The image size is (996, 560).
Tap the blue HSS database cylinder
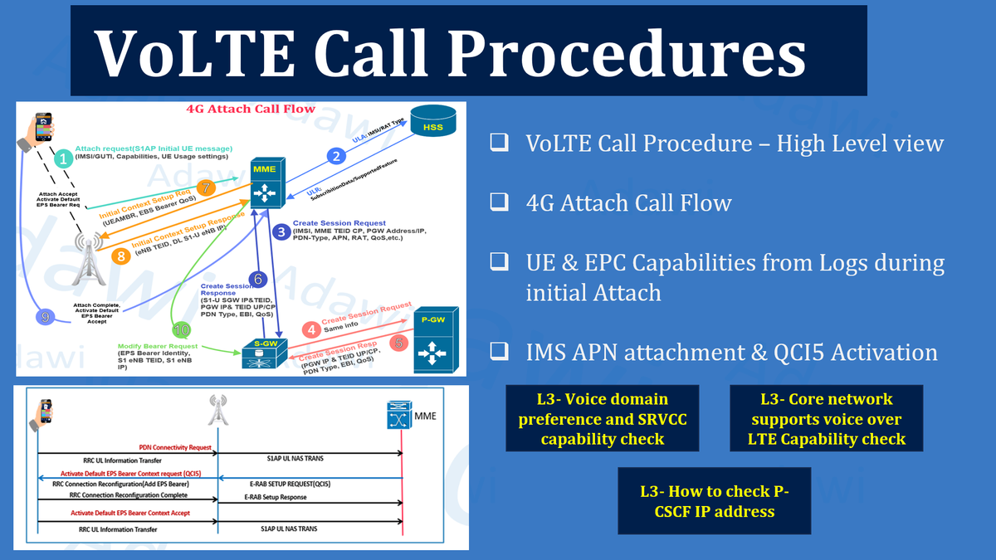tap(432, 124)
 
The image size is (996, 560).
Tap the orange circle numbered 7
tap(206, 187)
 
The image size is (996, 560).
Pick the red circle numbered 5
tap(399, 340)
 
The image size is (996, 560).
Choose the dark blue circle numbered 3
tap(283, 231)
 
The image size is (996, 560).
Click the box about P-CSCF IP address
tap(715, 500)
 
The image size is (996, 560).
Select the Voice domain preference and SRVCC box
tap(603, 418)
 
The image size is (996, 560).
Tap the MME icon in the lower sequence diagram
tap(398, 415)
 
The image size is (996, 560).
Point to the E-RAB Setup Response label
tap(276, 497)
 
